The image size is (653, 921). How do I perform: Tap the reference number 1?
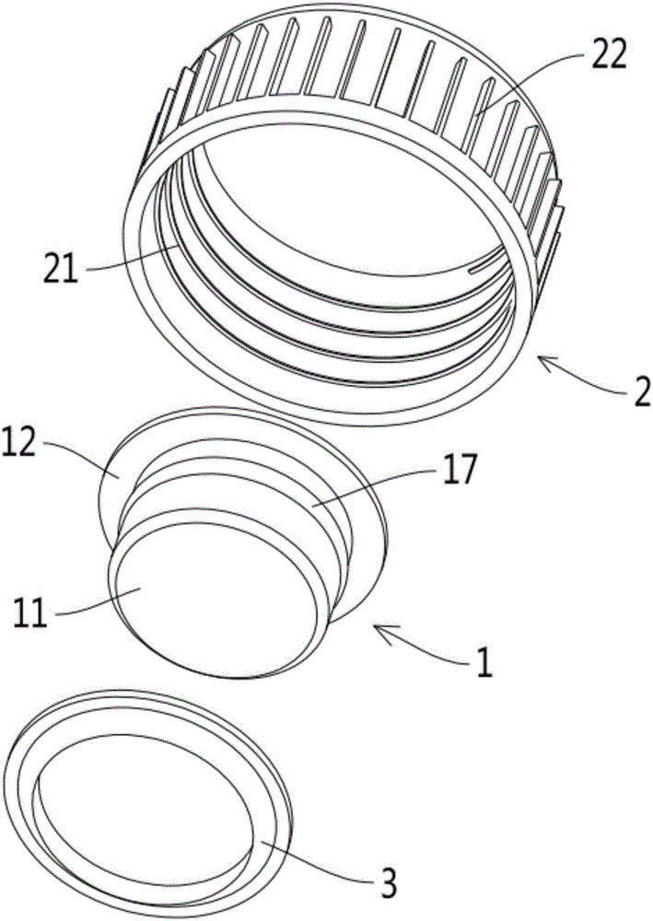pos(484,665)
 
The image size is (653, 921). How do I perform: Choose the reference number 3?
pos(388,881)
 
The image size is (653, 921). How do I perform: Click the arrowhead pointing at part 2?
pos(547,362)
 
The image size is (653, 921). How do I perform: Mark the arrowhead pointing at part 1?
pos(383,634)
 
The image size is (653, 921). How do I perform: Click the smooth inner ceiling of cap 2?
pos(329,212)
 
